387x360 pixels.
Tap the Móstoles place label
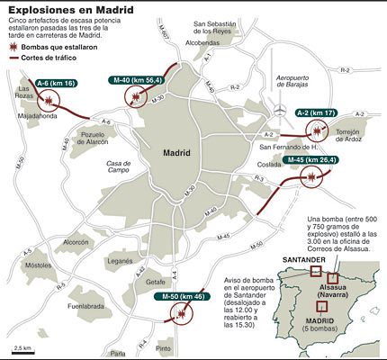38,265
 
